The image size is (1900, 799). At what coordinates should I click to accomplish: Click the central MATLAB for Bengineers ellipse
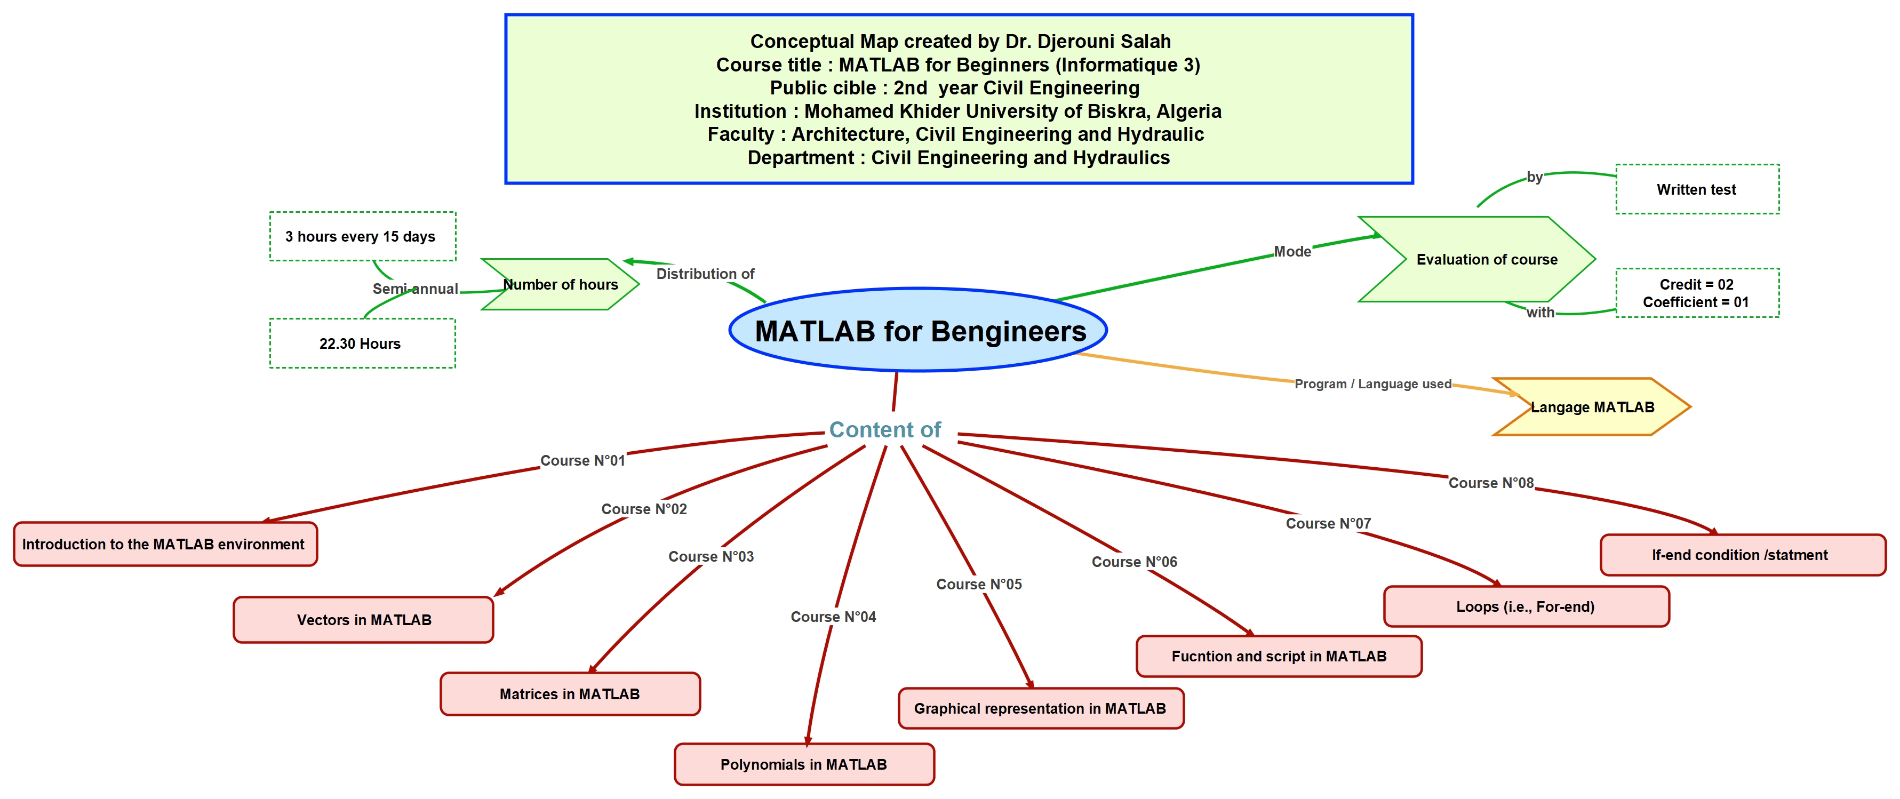pyautogui.click(x=919, y=331)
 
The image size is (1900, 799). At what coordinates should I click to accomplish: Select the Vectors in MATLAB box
pyautogui.click(x=364, y=620)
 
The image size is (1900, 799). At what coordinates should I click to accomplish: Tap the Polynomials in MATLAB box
pyautogui.click(x=804, y=764)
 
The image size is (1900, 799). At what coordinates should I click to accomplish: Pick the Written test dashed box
pyautogui.click(x=1696, y=189)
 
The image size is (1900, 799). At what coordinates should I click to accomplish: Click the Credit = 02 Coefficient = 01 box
pyautogui.click(x=1696, y=293)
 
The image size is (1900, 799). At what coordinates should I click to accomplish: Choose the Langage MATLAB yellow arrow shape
pyautogui.click(x=1592, y=408)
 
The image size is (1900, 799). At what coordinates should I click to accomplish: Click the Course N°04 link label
pyautogui.click(x=833, y=617)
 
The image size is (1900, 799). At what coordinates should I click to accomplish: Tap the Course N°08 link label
pyautogui.click(x=1491, y=483)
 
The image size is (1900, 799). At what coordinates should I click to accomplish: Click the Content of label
pyautogui.click(x=884, y=429)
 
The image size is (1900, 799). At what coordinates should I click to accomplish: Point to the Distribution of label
pyautogui.click(x=705, y=274)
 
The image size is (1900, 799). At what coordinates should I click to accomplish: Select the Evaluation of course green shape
pyautogui.click(x=1486, y=260)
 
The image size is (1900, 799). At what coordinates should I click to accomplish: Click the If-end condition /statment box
pyautogui.click(x=1741, y=555)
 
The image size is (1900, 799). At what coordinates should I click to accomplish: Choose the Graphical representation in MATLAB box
pyautogui.click(x=1040, y=708)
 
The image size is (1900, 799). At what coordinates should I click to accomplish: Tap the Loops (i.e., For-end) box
pyautogui.click(x=1526, y=606)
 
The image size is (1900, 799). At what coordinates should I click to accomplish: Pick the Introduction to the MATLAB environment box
pyautogui.click(x=164, y=545)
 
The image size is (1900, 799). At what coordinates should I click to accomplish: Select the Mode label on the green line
pyautogui.click(x=1292, y=252)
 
